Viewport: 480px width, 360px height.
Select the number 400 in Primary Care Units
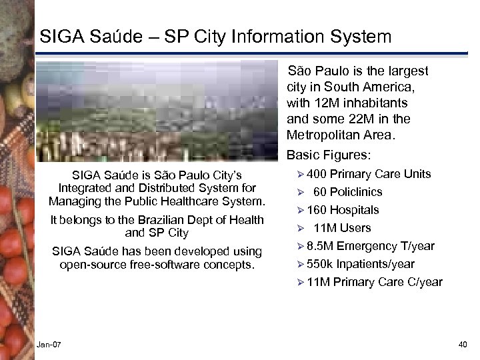pyautogui.click(x=317, y=174)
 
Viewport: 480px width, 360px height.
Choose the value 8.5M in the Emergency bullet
pyautogui.click(x=321, y=246)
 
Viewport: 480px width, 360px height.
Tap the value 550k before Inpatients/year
pyautogui.click(x=321, y=264)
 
